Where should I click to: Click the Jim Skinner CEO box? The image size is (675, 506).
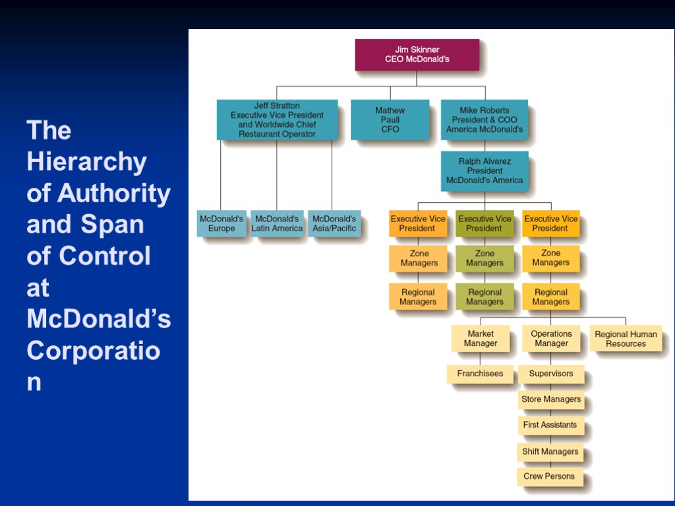(417, 55)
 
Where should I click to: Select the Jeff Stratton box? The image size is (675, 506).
(277, 120)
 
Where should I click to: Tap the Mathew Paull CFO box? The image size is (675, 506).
(390, 120)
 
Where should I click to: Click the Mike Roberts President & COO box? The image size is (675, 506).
(484, 120)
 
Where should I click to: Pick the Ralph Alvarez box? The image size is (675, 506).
(484, 171)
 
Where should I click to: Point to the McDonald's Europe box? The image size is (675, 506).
(221, 224)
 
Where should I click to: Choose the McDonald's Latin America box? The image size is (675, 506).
(277, 224)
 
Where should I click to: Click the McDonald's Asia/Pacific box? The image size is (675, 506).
(334, 224)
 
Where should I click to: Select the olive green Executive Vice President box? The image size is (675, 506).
(484, 224)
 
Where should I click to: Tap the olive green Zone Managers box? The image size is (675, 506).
(484, 258)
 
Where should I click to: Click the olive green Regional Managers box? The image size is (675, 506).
(484, 297)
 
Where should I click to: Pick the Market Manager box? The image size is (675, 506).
(481, 339)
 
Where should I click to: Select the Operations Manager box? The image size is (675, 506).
(551, 339)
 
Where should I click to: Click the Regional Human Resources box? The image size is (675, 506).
(626, 339)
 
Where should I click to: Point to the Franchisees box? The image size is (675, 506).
(480, 374)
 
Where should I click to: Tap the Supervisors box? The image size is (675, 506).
(551, 374)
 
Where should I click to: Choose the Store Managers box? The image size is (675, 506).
(551, 399)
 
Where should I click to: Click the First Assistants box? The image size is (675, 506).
(550, 425)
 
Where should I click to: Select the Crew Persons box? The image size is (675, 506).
(549, 476)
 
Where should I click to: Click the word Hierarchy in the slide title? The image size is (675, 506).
(86, 161)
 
